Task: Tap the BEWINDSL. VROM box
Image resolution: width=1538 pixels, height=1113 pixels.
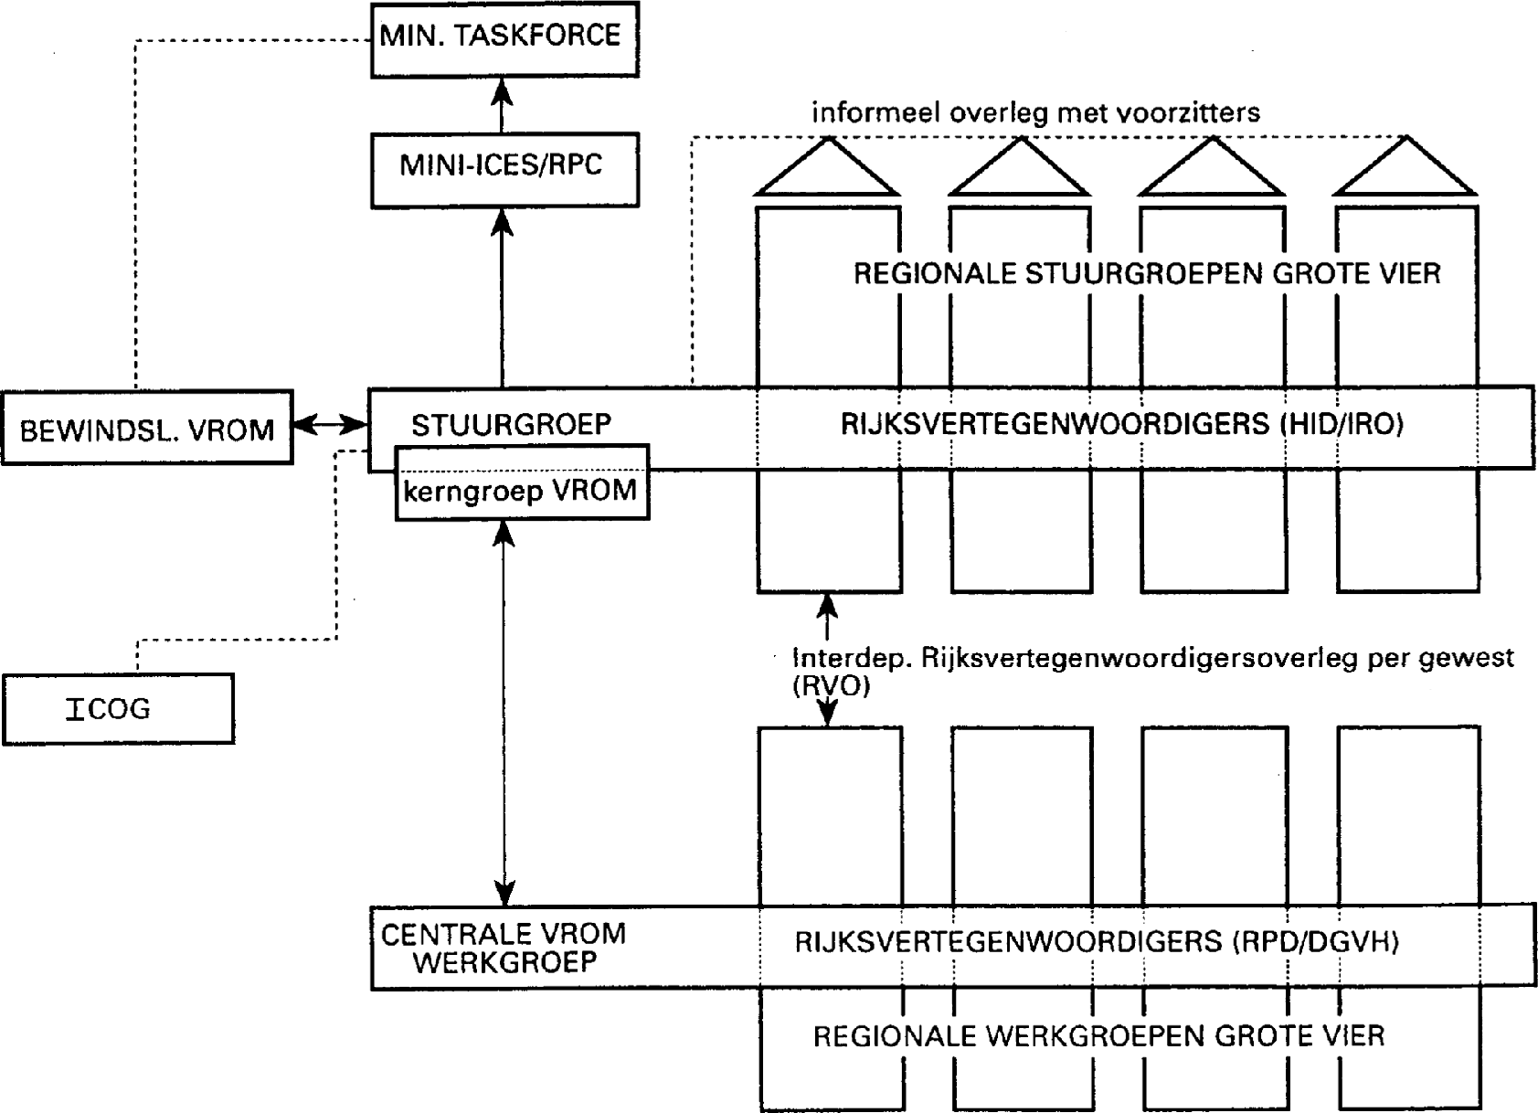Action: click(147, 429)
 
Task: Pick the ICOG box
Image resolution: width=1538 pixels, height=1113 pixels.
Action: click(118, 709)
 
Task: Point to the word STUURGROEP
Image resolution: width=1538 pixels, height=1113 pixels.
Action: click(511, 425)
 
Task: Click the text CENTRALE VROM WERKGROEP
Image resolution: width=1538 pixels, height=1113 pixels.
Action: click(504, 948)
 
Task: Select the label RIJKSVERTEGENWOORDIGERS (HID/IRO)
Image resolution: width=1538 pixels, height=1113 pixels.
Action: click(1121, 424)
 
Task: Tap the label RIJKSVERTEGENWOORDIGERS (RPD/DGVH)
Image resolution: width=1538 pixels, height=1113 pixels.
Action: click(1097, 941)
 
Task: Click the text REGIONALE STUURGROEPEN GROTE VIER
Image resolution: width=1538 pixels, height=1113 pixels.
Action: click(1147, 273)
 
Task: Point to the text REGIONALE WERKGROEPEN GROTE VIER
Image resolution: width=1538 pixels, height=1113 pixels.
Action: click(1098, 1035)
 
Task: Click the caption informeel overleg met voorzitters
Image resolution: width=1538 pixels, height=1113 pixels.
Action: click(1035, 112)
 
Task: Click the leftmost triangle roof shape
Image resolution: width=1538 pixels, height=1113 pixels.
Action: click(828, 171)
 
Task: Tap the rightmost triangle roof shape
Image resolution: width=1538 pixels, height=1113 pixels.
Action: click(1405, 171)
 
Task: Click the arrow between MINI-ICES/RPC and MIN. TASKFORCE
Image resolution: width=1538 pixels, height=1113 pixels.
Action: click(502, 105)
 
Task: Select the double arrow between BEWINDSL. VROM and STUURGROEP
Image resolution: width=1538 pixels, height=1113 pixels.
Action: click(330, 424)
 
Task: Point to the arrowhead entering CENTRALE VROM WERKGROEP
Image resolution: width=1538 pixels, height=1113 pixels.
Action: click(504, 893)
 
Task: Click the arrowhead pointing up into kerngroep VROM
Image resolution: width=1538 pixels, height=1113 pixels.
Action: click(504, 533)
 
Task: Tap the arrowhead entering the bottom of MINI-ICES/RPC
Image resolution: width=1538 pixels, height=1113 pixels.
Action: click(502, 221)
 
